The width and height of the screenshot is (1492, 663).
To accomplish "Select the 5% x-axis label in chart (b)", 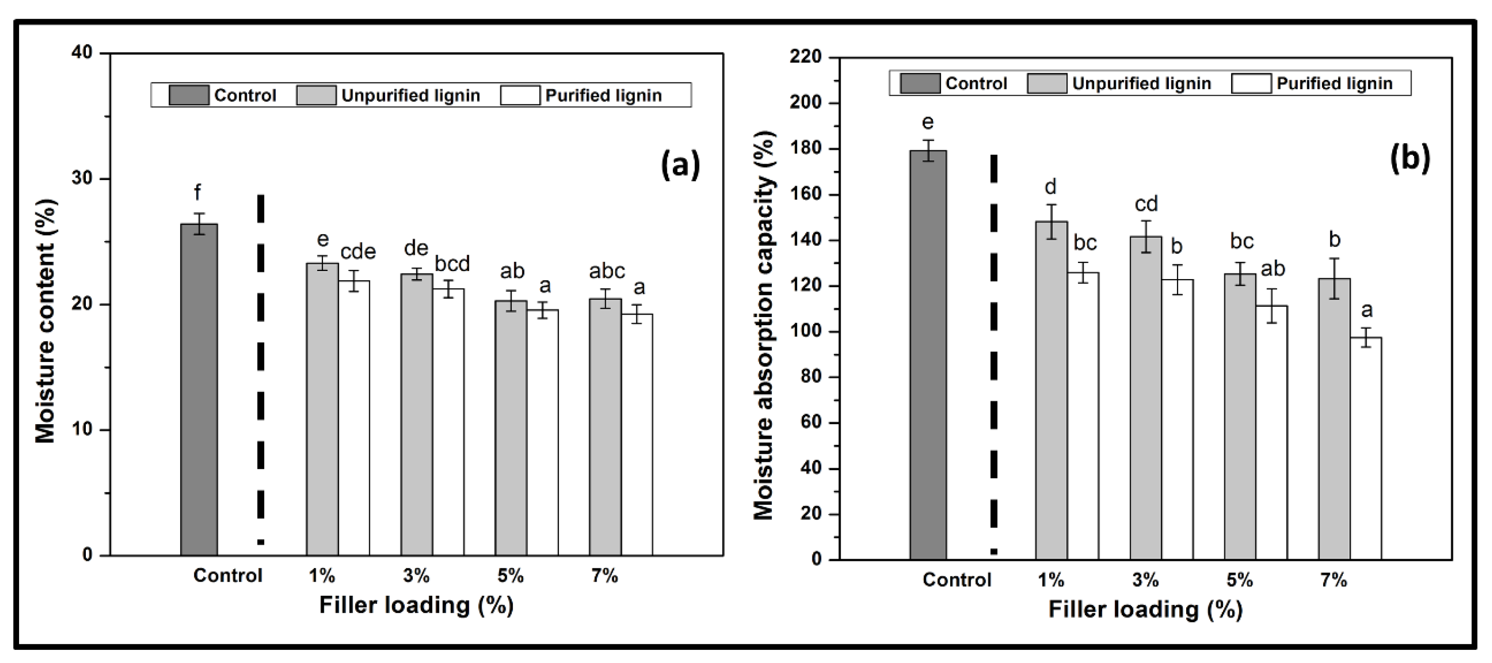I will [x=1240, y=580].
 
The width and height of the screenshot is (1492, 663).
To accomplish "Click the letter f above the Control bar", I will [x=198, y=192].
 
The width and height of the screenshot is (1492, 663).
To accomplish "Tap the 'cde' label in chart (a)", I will [x=358, y=252].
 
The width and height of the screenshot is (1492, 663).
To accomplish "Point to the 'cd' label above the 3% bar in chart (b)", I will [x=1145, y=204].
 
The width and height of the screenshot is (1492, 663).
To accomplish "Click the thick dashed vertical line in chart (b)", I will [x=994, y=348].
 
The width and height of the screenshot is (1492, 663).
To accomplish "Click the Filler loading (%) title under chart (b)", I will [x=1145, y=610].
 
